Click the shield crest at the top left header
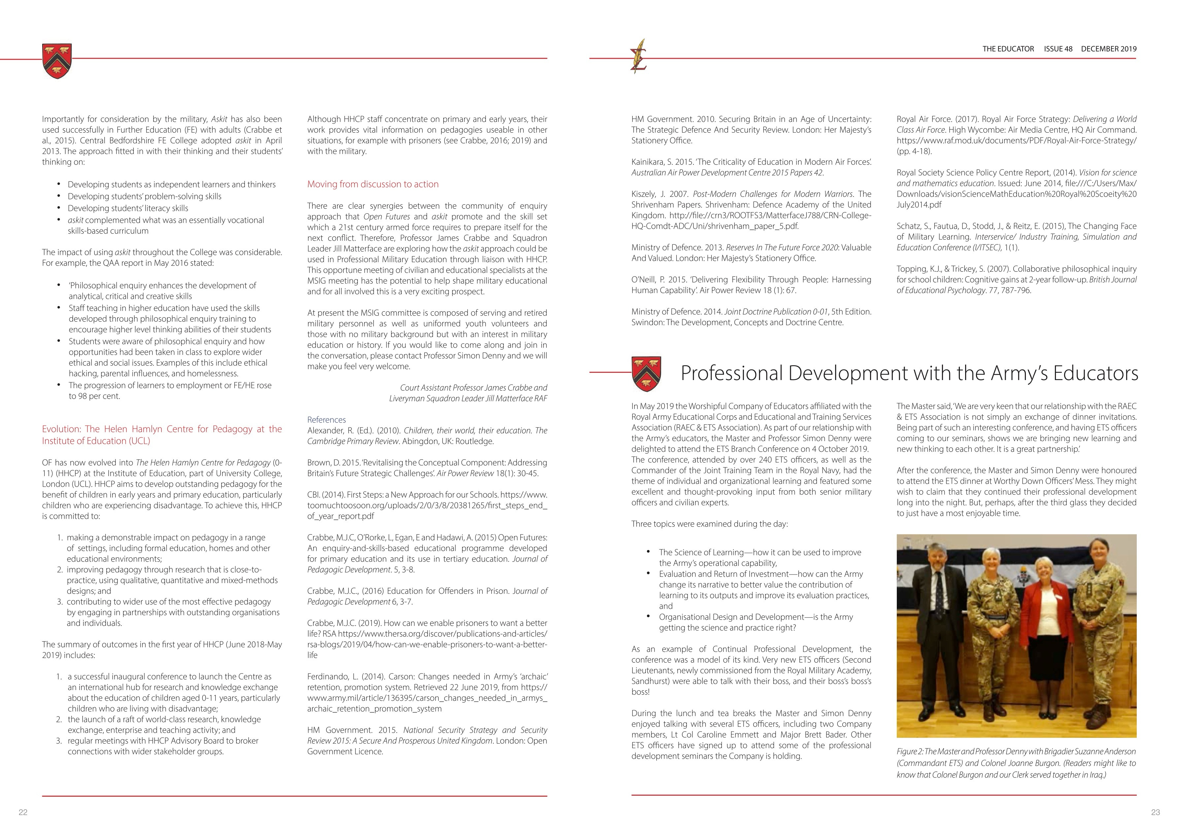pos(57,61)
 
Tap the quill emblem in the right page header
pos(639,56)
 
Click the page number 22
pos(23,812)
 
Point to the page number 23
pos(1155,812)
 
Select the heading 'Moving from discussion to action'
pos(373,184)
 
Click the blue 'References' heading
pos(326,420)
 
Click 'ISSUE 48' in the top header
pos(1058,49)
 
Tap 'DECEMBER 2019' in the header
pos(1109,49)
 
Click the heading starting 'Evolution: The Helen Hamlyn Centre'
pos(162,434)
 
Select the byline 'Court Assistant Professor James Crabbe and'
pos(473,388)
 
